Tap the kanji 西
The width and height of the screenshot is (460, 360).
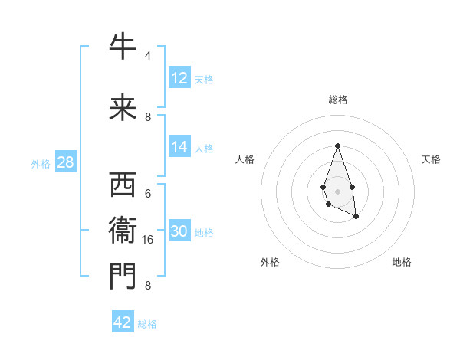123,185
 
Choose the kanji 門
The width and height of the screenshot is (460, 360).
123,277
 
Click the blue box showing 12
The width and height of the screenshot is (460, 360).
179,78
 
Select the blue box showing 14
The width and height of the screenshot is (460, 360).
179,148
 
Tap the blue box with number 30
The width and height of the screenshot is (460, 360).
179,232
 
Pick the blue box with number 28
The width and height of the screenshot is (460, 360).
65,163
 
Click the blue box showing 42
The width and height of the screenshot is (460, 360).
123,322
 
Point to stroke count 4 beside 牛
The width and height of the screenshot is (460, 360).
148,56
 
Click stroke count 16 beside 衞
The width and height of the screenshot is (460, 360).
149,240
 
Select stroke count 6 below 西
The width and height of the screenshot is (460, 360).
148,194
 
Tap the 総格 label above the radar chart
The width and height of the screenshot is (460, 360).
338,100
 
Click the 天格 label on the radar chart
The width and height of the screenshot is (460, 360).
431,159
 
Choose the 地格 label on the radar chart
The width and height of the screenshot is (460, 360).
402,262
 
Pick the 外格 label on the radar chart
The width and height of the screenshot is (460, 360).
270,262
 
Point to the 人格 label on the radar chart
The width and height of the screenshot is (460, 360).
245,159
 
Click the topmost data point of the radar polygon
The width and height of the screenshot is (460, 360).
337,145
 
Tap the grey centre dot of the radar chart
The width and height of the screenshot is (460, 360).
337,191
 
